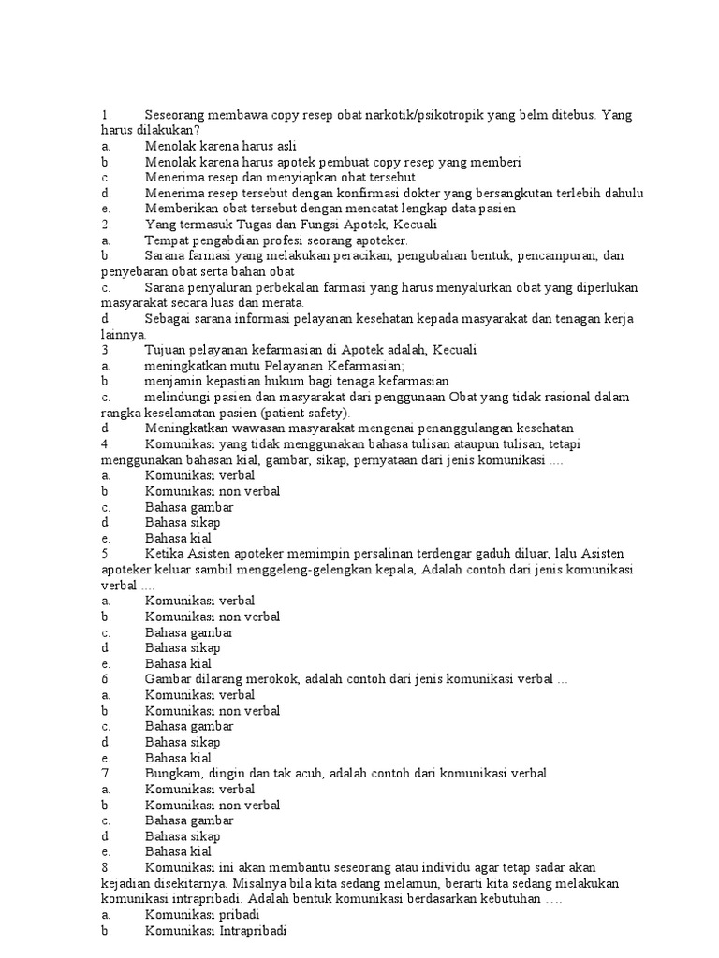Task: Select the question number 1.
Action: pyautogui.click(x=106, y=114)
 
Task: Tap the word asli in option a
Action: pyautogui.click(x=284, y=146)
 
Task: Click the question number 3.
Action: pyautogui.click(x=106, y=350)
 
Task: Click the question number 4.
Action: pyautogui.click(x=106, y=444)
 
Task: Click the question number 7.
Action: pyautogui.click(x=106, y=774)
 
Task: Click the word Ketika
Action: pyautogui.click(x=163, y=554)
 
